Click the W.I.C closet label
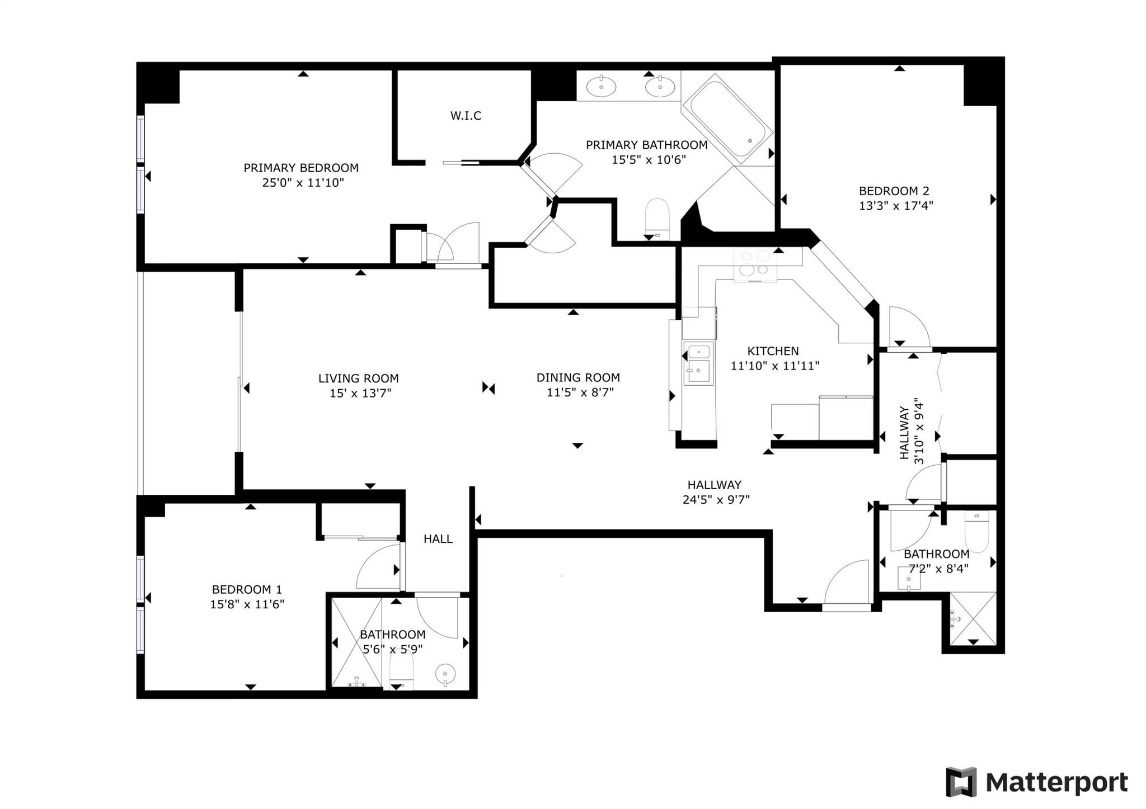point(466,116)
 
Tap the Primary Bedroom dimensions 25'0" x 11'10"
point(303,183)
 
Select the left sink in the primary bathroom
point(602,87)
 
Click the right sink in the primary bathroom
point(660,87)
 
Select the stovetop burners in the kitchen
point(755,263)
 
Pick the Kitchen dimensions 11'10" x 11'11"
point(775,366)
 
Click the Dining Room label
point(578,377)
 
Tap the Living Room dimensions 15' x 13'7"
point(360,393)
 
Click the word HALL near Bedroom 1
point(438,539)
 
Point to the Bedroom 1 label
point(247,589)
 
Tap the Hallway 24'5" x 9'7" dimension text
point(716,500)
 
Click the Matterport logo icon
point(961,782)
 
